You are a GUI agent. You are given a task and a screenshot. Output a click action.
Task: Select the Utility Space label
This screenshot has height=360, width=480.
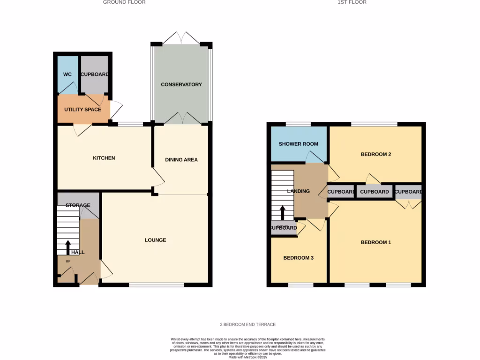coord(82,110)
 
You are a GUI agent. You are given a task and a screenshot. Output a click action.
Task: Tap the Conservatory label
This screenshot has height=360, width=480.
coord(181,84)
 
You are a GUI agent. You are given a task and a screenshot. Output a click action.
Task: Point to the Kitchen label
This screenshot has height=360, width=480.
coord(104,158)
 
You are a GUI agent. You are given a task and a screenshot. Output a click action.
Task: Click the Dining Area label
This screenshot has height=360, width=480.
coord(181,160)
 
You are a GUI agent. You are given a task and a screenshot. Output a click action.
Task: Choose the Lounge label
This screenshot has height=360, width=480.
coord(155,240)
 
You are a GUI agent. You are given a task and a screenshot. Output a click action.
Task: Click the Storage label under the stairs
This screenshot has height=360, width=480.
coord(78,205)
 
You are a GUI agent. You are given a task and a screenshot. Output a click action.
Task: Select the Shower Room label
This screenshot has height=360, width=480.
coord(298,144)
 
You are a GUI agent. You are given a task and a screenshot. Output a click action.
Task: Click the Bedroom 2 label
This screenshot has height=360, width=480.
coord(375,154)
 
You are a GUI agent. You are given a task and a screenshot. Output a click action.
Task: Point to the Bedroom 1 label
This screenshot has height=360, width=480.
coord(375,242)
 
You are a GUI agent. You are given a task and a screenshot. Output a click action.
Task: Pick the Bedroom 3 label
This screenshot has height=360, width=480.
coord(298,258)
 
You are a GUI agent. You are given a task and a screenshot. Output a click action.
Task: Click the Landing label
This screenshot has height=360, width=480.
coord(298,191)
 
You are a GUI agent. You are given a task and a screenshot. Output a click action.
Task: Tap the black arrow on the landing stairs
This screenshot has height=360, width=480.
coord(282,212)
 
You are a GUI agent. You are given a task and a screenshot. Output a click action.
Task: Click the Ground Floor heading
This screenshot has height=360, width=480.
coord(124,2)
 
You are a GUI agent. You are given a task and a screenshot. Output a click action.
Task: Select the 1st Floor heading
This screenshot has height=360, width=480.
coord(352,2)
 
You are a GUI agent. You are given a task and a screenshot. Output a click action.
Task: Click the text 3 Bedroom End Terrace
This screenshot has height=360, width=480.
coord(247,324)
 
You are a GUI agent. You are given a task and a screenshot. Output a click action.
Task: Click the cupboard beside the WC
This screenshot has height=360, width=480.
coord(94,75)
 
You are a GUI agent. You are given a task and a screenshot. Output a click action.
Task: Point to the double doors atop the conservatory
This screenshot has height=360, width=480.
coord(181,38)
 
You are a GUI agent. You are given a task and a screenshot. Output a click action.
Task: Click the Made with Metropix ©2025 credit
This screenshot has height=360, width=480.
coord(247,357)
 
